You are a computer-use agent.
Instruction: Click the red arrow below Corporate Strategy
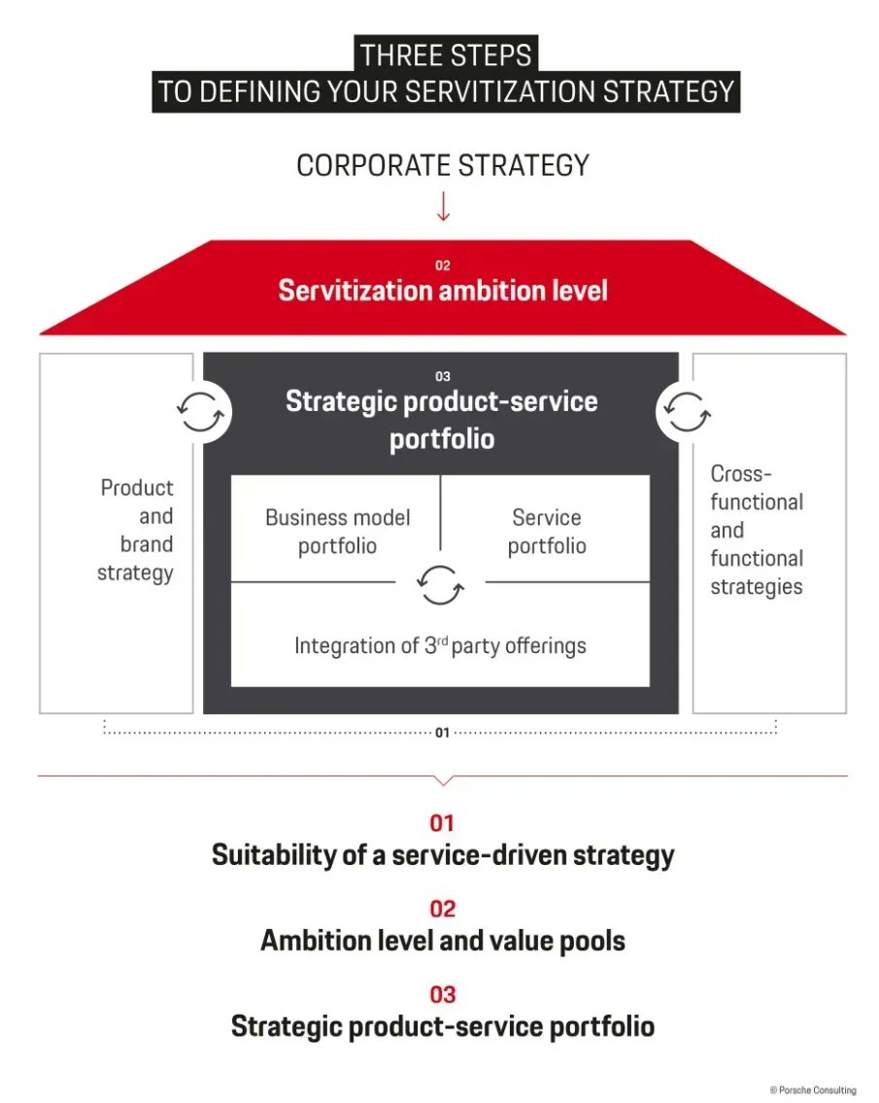(443, 206)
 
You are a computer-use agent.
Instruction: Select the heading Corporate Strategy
(443, 165)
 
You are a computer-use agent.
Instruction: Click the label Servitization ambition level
(443, 291)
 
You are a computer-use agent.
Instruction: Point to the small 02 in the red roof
(443, 265)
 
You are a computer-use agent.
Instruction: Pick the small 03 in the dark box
(443, 376)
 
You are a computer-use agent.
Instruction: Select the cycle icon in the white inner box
(440, 584)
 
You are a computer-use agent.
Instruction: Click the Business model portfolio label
(337, 532)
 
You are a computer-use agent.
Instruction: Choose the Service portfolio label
(547, 532)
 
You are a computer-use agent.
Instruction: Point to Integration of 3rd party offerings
(440, 645)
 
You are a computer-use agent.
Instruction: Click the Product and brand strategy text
(136, 530)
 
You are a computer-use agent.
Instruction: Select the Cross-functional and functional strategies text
(756, 530)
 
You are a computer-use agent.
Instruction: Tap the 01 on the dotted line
(442, 732)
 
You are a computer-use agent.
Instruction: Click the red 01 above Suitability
(442, 823)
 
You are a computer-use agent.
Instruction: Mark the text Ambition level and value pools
(443, 941)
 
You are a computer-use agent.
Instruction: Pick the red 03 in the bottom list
(442, 995)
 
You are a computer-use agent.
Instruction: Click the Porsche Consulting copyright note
(813, 1090)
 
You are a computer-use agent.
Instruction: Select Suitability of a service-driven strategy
(443, 855)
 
